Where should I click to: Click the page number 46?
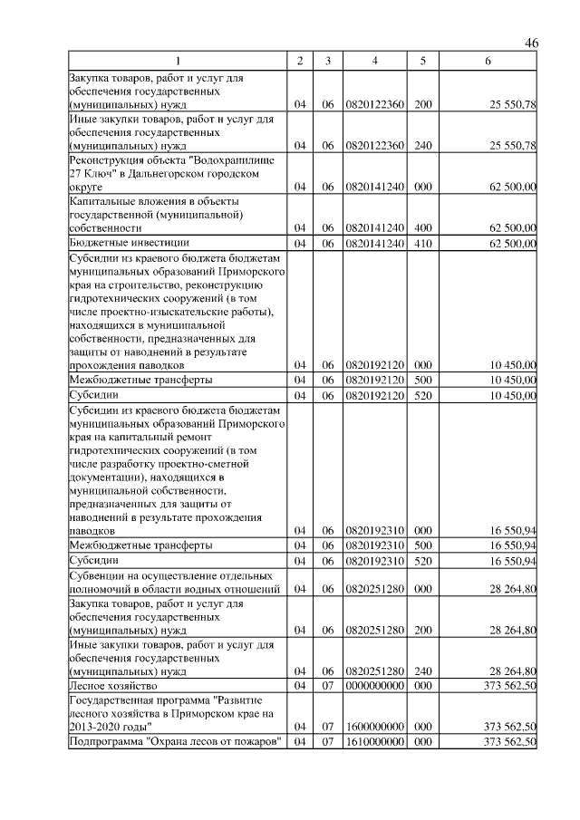pos(531,43)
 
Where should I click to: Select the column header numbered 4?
pos(374,61)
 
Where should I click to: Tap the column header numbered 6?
pos(488,61)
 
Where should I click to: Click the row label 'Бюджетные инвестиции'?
pos(130,243)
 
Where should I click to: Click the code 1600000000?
pos(374,727)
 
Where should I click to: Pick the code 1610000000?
pos(374,742)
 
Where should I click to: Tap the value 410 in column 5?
pos(422,243)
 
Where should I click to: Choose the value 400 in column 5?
pos(422,228)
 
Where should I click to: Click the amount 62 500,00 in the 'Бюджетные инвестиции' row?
pos(511,243)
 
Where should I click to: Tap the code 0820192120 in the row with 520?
pos(374,395)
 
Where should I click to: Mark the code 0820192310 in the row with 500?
pos(374,545)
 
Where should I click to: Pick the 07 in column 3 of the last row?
pos(327,742)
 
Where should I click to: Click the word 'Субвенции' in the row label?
pos(97,575)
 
